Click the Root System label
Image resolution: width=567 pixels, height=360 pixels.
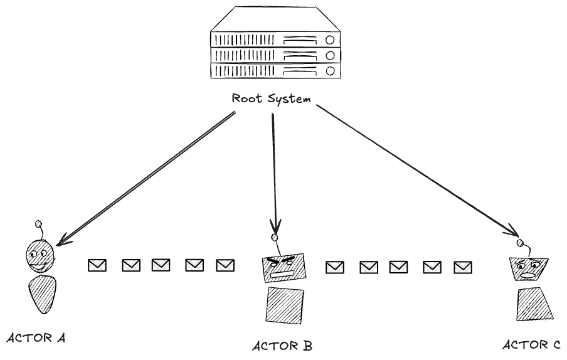[x=271, y=98]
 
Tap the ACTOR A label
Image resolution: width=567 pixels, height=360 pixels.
[x=36, y=338]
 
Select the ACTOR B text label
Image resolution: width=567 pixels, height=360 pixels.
[x=282, y=346]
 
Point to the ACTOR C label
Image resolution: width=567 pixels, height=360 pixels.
[x=532, y=344]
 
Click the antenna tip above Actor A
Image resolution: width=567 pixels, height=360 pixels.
[x=38, y=223]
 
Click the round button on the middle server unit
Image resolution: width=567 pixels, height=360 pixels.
[x=329, y=55]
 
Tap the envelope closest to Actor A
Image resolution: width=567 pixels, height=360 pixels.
[x=97, y=266]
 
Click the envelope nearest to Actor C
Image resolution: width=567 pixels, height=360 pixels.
[x=463, y=268]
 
